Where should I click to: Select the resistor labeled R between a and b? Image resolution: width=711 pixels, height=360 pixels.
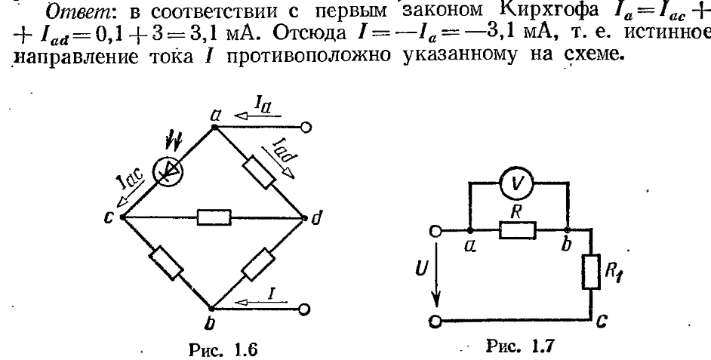pos(517,229)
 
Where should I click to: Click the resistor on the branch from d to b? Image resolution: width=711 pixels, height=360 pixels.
pos(258,263)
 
